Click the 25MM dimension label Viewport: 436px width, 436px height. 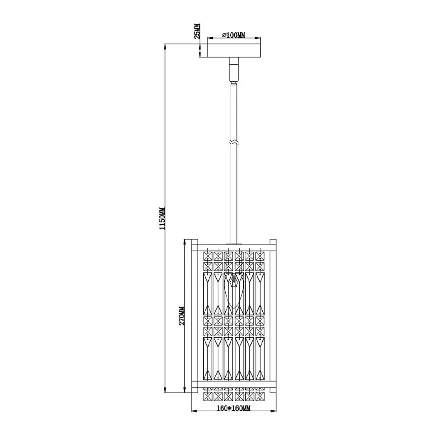(197, 31)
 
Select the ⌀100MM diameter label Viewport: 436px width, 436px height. (234, 35)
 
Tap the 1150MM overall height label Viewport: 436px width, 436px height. (162, 218)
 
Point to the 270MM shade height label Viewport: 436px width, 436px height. (181, 316)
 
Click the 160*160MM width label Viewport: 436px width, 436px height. (234, 408)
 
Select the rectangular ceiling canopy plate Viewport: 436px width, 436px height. (234, 50)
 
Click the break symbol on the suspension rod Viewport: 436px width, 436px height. (234, 142)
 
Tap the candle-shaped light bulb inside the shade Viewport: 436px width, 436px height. (234, 290)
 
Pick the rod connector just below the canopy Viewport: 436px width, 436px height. (234, 70)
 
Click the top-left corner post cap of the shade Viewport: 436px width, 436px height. (195, 242)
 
